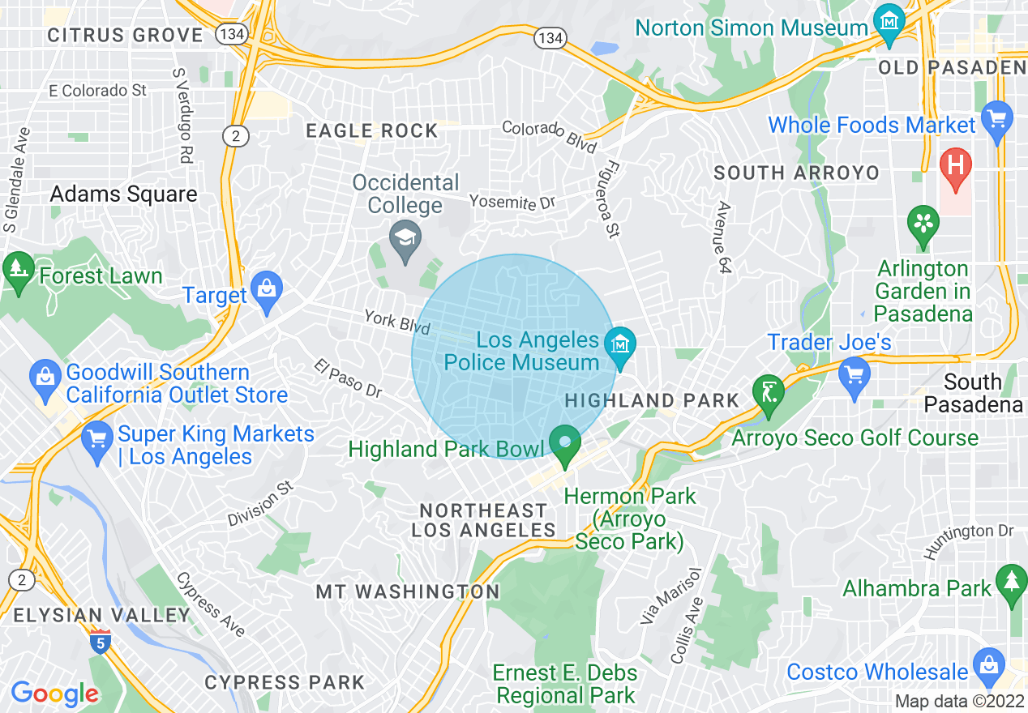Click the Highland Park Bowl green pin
point(564,443)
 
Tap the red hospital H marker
point(955,166)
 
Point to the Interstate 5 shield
point(101,640)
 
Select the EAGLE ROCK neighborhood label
point(372,130)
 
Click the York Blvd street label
point(397,321)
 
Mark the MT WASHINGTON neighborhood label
point(408,591)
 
